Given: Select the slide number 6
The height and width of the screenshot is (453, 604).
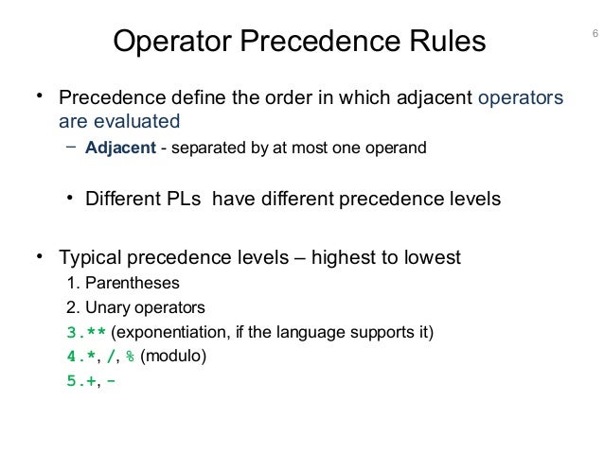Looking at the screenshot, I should coord(594,36).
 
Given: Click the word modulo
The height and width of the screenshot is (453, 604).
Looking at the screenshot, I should coord(173,357).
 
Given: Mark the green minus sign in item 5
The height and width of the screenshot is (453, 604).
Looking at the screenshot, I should coord(115,382).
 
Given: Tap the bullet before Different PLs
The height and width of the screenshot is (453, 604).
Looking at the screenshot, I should coord(71,200).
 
